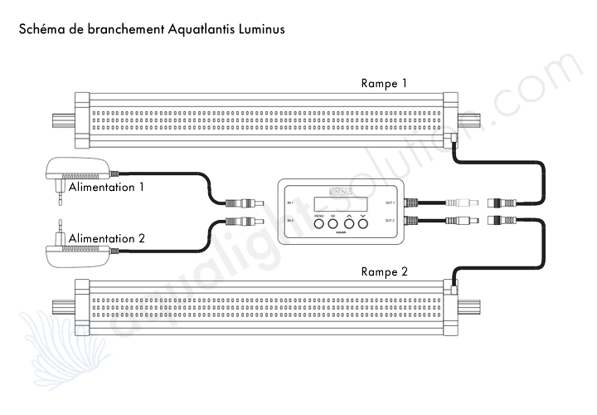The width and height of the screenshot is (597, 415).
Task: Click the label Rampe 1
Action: [x=385, y=85]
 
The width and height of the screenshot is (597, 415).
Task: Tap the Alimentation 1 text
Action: [x=106, y=188]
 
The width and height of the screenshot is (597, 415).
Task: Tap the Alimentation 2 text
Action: [x=107, y=239]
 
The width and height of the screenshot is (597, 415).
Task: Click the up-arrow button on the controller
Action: [x=348, y=222]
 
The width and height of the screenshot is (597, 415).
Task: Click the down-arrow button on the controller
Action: [x=362, y=222]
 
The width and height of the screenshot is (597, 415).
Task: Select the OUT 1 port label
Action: [x=391, y=203]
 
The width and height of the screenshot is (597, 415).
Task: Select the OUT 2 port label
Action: [x=391, y=221]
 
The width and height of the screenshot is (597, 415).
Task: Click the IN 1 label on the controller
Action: [x=289, y=203]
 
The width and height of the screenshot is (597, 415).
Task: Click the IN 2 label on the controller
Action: [x=289, y=221]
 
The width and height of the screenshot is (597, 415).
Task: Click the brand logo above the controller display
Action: [x=340, y=190]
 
